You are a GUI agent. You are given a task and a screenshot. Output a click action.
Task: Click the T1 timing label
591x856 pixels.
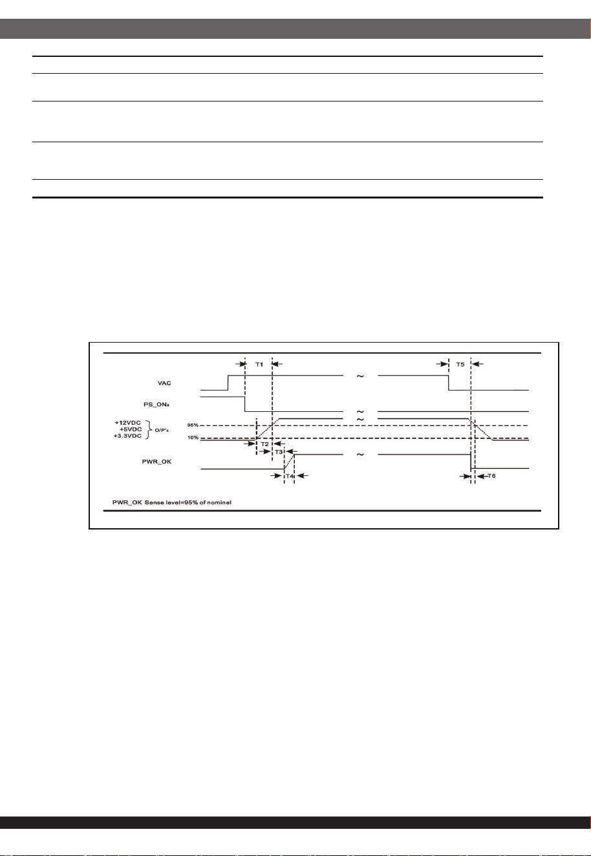click(x=259, y=364)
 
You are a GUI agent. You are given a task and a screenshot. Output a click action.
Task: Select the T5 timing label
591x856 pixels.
click(x=460, y=364)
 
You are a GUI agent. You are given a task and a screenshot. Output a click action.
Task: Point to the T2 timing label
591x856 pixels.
click(x=264, y=444)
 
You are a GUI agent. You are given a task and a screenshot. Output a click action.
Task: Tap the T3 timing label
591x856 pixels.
click(x=279, y=452)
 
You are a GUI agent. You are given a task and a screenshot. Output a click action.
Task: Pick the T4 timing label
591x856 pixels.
click(x=290, y=476)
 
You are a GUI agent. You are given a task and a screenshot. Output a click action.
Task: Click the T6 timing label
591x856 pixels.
click(x=491, y=476)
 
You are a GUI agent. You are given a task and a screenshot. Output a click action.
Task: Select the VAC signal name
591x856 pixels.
click(x=164, y=383)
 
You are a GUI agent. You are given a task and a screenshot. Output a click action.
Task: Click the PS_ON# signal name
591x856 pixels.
click(x=156, y=404)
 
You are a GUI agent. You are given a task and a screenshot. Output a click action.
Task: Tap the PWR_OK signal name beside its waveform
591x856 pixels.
click(x=156, y=462)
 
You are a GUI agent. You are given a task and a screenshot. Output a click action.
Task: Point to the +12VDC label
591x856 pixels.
click(x=127, y=423)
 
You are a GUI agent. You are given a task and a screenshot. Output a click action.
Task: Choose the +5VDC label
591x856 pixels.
click(x=131, y=429)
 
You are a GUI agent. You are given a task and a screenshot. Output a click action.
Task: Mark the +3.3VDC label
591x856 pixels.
click(x=127, y=436)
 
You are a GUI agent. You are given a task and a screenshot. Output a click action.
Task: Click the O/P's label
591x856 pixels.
click(x=161, y=431)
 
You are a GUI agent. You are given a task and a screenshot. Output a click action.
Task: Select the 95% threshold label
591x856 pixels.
click(x=193, y=425)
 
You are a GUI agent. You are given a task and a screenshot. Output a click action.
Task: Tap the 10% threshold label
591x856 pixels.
click(x=193, y=438)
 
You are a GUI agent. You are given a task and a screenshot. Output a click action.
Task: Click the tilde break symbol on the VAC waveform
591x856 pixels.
click(x=360, y=376)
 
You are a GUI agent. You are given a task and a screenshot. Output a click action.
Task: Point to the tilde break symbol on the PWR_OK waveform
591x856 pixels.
click(x=360, y=455)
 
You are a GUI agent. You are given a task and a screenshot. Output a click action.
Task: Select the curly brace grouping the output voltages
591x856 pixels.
click(x=148, y=430)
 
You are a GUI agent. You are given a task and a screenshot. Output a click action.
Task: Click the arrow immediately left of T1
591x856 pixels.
click(x=241, y=364)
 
